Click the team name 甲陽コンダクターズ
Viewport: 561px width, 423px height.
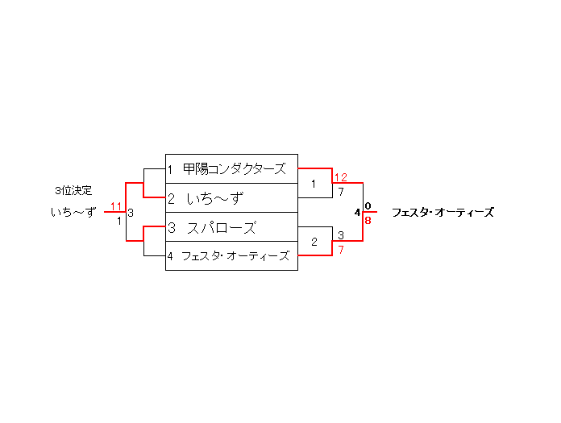click(x=235, y=169)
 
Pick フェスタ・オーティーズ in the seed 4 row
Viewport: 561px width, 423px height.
click(x=235, y=256)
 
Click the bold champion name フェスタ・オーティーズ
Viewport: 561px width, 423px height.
click(x=443, y=214)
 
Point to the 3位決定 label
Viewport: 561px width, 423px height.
click(x=73, y=191)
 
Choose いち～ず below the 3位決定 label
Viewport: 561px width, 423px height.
click(x=73, y=213)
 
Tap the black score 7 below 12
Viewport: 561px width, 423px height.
click(x=341, y=192)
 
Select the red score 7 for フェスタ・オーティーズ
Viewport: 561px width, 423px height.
click(x=341, y=250)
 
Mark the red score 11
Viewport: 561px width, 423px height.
click(x=117, y=206)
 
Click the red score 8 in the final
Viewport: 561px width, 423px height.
click(x=368, y=220)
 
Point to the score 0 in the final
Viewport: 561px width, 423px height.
click(x=368, y=206)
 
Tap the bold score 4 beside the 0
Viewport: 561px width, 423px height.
click(x=357, y=213)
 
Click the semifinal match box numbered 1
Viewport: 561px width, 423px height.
click(x=314, y=185)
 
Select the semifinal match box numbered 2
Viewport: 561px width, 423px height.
click(x=314, y=242)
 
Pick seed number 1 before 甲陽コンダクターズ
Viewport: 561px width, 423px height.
click(x=171, y=170)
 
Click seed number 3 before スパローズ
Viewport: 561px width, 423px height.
click(x=172, y=228)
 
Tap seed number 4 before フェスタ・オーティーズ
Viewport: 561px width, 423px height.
click(x=171, y=257)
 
